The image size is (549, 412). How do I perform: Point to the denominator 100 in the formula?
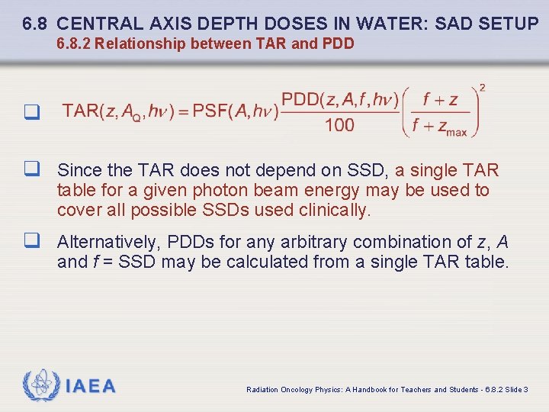tap(339, 125)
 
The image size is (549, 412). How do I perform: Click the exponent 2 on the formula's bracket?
tap(482, 88)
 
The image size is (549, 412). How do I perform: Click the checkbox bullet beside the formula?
tap(31, 113)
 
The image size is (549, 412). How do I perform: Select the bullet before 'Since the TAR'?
tap(31, 170)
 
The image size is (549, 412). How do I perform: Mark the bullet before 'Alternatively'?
tap(31, 243)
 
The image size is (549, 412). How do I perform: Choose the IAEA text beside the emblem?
tap(91, 387)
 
